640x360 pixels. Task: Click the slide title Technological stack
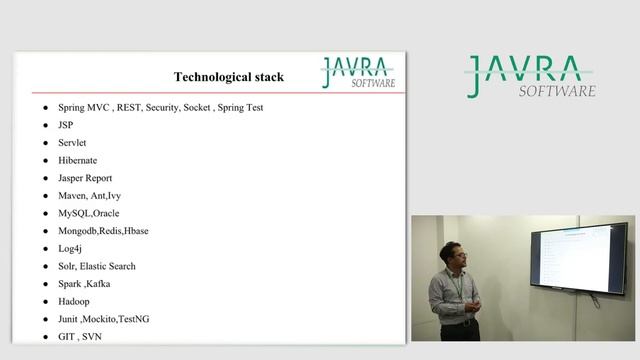tap(229, 77)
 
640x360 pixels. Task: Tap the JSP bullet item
tap(67, 125)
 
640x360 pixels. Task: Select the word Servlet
tap(73, 143)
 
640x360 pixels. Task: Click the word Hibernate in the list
tap(78, 160)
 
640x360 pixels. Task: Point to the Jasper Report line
tap(85, 178)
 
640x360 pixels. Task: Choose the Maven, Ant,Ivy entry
tap(90, 196)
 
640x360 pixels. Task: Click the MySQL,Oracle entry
tap(89, 213)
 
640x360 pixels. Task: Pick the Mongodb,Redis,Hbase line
tap(104, 231)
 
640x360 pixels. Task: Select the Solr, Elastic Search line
tap(97, 266)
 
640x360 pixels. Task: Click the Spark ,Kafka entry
tap(85, 284)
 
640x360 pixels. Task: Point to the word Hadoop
tap(74, 301)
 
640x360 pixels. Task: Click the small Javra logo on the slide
tap(358, 72)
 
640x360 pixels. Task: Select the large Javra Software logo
tap(531, 77)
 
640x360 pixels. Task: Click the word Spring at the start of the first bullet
tap(73, 107)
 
